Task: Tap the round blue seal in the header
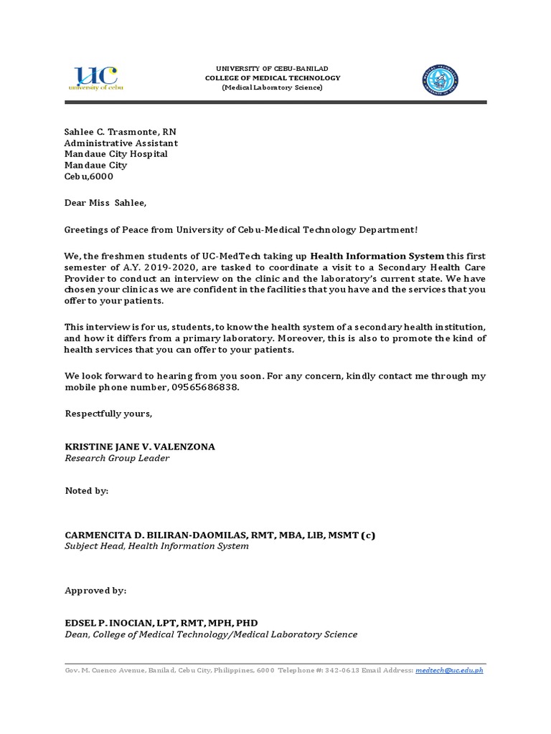point(440,80)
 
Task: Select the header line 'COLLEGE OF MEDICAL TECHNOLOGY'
point(273,77)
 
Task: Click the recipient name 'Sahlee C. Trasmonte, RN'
point(121,132)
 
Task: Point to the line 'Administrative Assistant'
point(121,143)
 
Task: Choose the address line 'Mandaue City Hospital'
point(116,154)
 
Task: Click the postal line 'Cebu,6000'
point(89,176)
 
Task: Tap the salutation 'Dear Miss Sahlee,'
point(105,203)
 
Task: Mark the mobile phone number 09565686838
point(204,387)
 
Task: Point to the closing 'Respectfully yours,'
point(108,414)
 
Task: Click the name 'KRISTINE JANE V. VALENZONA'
point(140,447)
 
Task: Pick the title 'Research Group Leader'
point(117,458)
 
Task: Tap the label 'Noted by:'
point(87,491)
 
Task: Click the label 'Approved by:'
point(95,590)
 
